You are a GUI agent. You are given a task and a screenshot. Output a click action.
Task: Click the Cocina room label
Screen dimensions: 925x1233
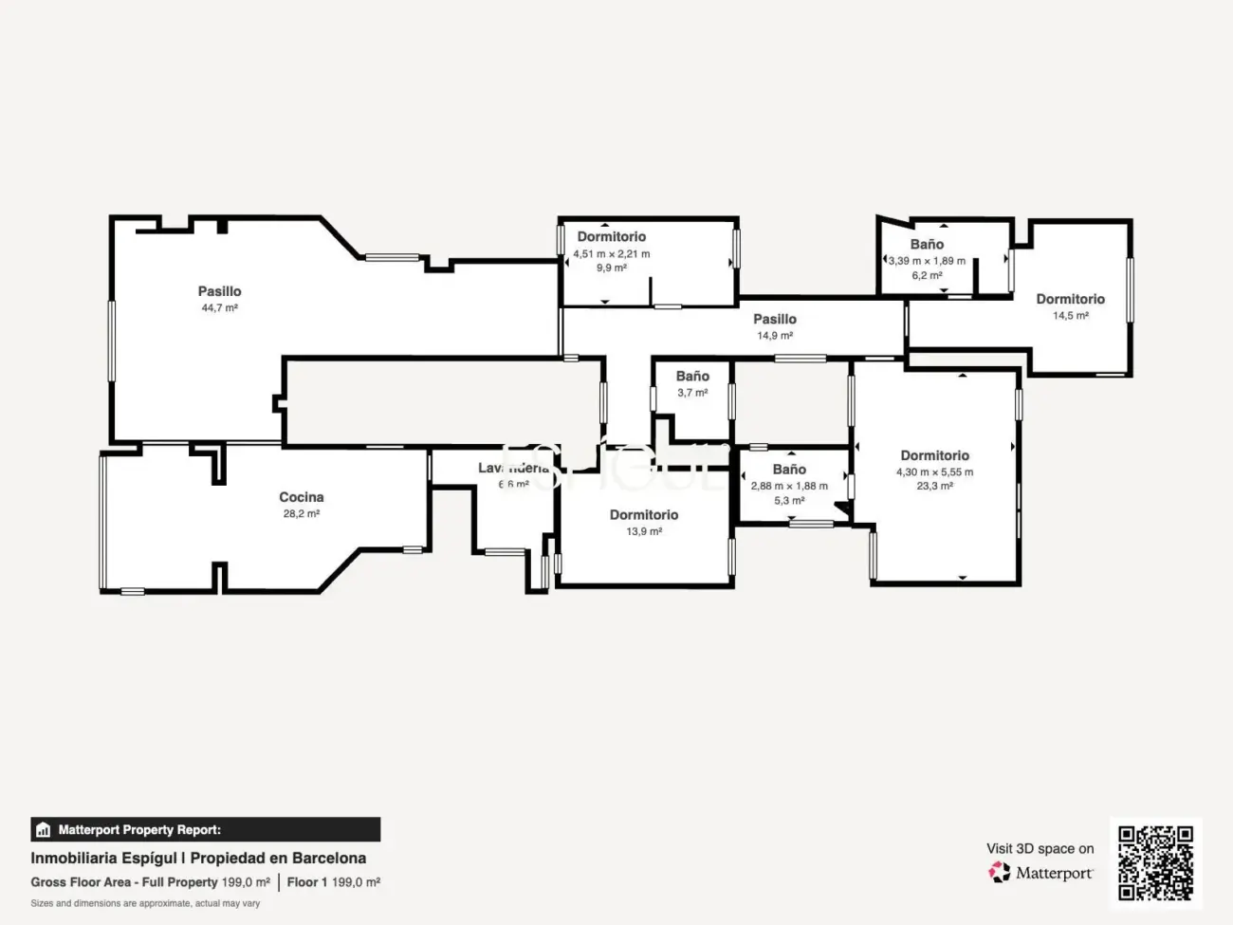301,497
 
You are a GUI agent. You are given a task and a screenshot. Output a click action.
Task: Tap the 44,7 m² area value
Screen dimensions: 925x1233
219,308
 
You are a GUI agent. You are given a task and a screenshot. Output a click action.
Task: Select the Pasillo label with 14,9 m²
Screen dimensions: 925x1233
775,320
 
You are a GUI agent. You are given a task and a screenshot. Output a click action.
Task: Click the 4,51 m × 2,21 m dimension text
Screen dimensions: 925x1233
612,254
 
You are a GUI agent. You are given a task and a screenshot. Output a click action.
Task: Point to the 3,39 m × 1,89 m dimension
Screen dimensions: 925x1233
927,261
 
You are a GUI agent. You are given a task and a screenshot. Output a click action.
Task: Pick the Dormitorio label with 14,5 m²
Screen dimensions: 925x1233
1070,300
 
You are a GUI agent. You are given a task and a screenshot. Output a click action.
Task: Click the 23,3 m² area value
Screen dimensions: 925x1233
934,486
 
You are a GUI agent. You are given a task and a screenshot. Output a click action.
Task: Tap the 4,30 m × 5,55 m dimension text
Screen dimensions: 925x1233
934,472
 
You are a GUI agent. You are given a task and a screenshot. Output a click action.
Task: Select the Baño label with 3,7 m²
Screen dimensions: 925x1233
692,377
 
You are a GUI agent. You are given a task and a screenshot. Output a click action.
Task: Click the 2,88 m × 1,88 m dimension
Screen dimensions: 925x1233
789,486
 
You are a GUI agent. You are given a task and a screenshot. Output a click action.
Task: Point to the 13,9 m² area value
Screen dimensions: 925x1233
644,532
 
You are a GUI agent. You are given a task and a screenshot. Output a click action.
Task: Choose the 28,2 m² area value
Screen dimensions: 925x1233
301,514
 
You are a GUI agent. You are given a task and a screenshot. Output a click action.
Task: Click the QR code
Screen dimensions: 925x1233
1155,862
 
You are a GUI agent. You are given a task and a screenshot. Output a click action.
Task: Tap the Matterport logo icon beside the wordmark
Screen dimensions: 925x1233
1000,872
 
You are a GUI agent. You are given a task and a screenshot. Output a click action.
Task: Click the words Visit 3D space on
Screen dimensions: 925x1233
1040,849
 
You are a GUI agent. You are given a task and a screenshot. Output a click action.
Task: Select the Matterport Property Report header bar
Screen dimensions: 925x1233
205,830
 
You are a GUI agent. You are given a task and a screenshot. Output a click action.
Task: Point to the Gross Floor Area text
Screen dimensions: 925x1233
81,882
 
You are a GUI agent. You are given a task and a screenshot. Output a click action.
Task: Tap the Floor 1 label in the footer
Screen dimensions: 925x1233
307,882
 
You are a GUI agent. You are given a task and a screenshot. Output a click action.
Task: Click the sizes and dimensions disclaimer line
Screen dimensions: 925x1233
145,903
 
